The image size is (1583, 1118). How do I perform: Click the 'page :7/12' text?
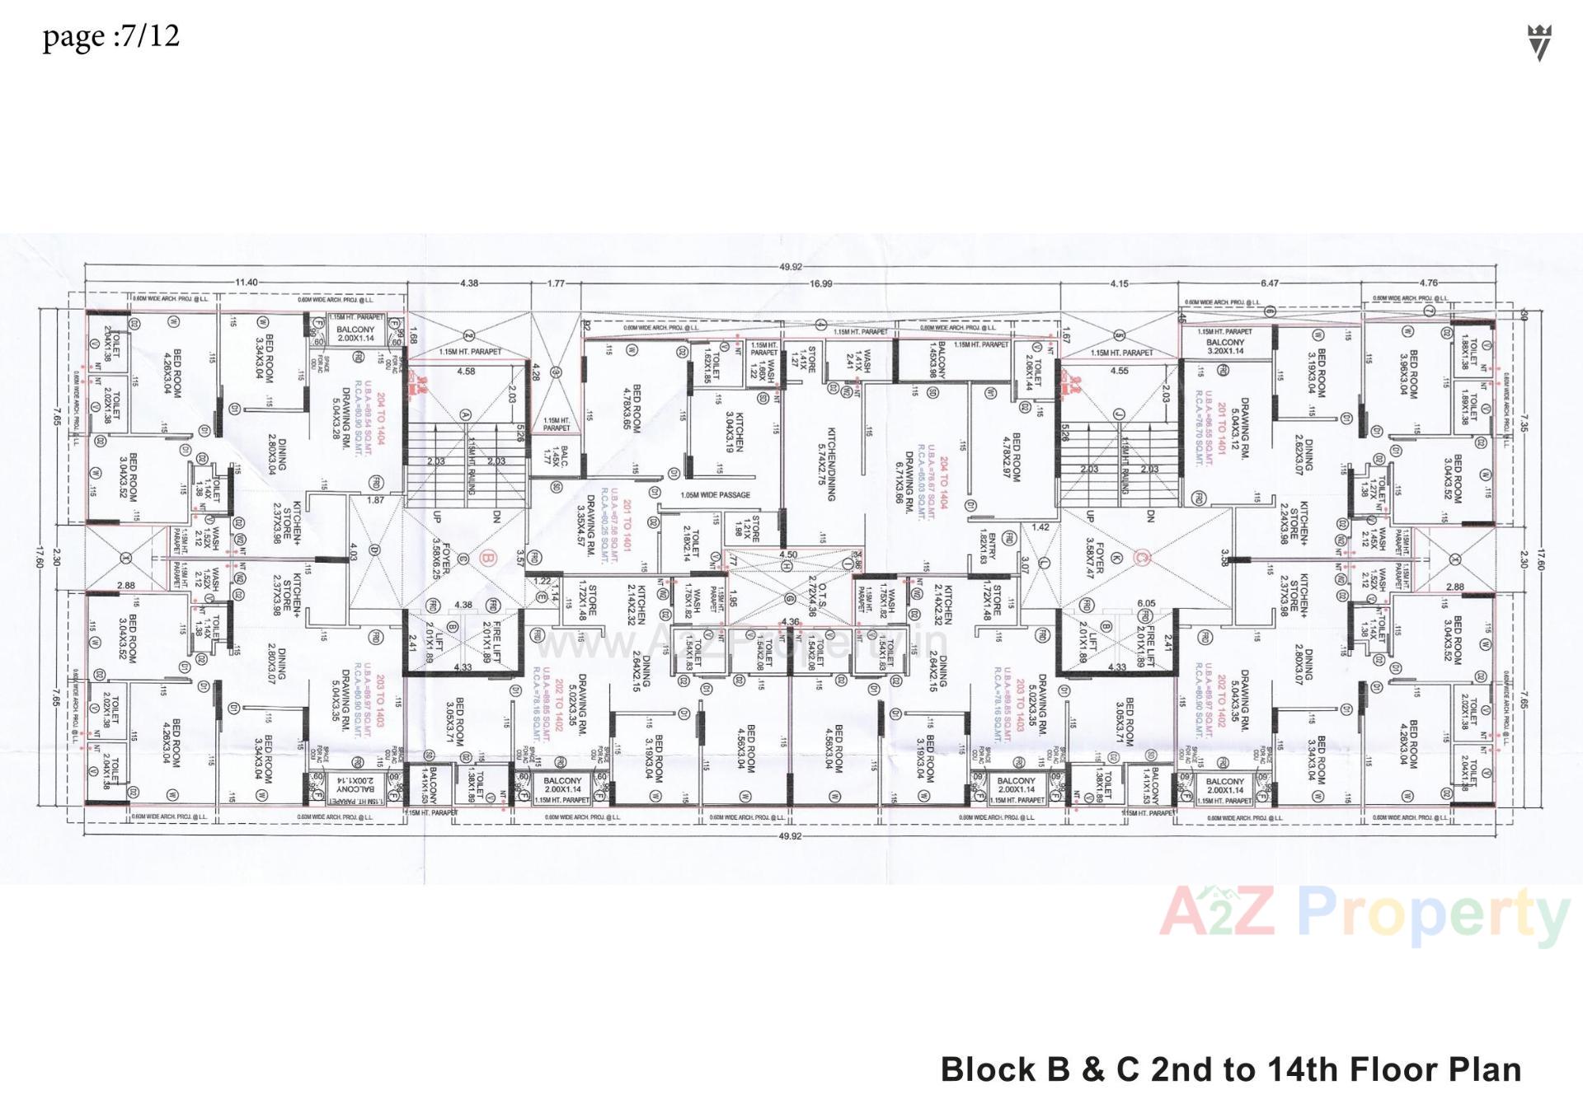(110, 37)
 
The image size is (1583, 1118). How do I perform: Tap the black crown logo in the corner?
(1539, 42)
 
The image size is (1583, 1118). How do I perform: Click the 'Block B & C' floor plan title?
(1230, 1069)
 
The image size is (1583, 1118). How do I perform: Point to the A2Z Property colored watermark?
(1364, 916)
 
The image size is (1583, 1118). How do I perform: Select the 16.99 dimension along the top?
(820, 283)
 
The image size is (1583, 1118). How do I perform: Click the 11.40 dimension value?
(247, 283)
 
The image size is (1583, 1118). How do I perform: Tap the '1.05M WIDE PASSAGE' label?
(716, 495)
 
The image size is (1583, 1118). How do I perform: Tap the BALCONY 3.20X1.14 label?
(1225, 346)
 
